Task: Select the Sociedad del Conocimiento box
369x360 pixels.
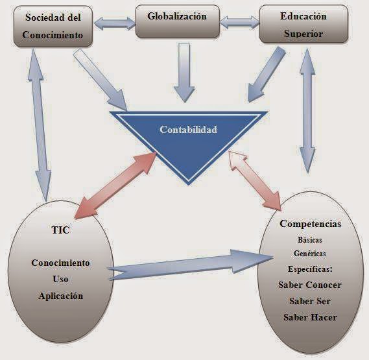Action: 53,26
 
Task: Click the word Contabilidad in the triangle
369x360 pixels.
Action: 188,130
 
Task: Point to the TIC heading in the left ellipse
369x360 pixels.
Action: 59,230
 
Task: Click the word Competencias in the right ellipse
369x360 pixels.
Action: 310,224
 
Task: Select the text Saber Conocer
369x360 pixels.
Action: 309,285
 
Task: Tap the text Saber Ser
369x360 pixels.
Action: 309,301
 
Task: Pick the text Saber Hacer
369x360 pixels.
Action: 309,317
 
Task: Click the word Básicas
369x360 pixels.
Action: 309,239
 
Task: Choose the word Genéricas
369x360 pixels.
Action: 309,253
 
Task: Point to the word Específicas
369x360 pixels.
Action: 309,268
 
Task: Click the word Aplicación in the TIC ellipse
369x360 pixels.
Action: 60,295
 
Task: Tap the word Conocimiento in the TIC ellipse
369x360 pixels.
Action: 60,263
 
